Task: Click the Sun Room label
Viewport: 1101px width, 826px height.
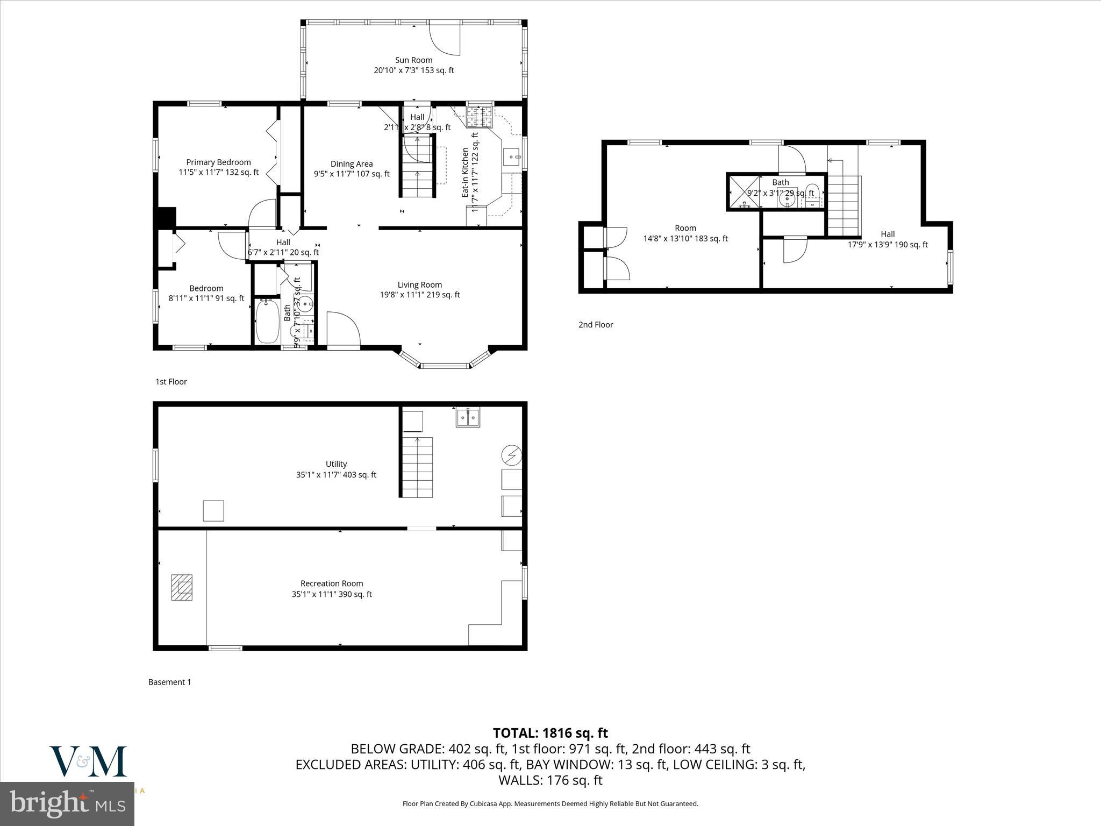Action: point(413,65)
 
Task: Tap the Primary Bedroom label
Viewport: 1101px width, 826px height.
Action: point(218,167)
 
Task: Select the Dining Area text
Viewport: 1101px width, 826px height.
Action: point(352,169)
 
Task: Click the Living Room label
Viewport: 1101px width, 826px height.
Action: point(420,289)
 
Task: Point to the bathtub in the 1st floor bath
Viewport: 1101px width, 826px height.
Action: point(267,321)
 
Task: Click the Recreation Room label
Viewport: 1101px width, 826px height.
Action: point(331,588)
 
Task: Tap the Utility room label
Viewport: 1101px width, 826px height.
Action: point(336,469)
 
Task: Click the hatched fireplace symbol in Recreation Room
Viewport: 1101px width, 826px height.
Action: point(182,587)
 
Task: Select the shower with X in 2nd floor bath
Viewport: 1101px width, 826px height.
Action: point(743,193)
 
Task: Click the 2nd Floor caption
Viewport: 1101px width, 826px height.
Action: point(596,325)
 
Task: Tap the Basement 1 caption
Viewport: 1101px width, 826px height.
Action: point(169,682)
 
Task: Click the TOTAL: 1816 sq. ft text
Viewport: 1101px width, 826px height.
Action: point(550,733)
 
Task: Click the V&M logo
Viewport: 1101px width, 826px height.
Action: point(88,761)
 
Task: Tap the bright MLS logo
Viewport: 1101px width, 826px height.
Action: point(67,804)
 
